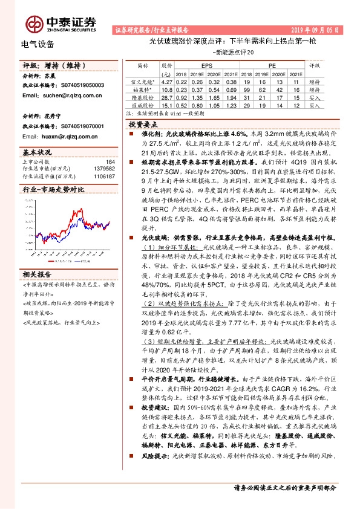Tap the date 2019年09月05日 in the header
[314, 29]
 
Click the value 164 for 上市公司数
[111, 161]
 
